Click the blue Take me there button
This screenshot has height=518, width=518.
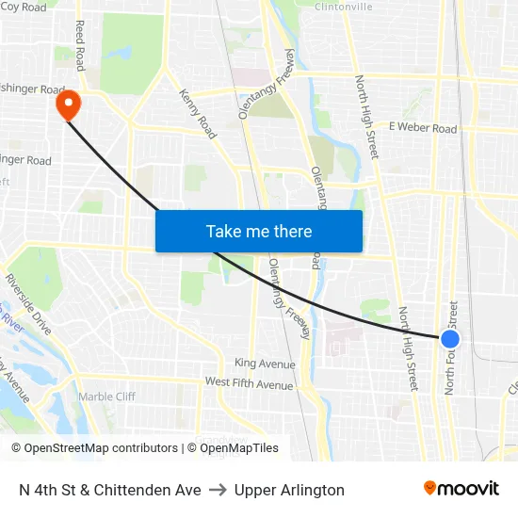258,231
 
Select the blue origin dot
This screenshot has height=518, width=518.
450,338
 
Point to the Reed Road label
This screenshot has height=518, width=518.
80,45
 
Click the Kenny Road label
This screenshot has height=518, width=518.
198,113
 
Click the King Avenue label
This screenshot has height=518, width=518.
265,364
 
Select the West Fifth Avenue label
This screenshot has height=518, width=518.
249,384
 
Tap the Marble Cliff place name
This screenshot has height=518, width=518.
106,397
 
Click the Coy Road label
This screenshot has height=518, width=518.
23,8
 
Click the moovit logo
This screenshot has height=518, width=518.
461,489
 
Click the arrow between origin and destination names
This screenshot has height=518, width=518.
218,490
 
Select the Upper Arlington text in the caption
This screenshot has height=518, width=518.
289,490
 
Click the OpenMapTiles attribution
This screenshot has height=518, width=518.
233,448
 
